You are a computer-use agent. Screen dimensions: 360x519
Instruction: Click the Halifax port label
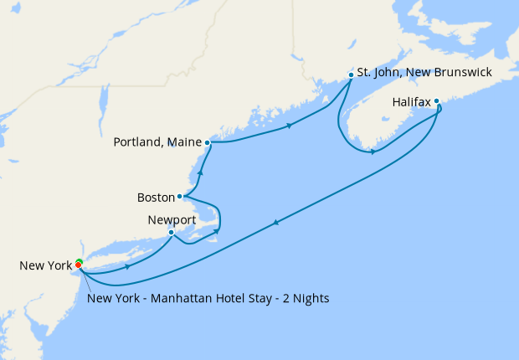click(x=411, y=102)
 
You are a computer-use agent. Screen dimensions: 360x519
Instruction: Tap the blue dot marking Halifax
click(x=436, y=101)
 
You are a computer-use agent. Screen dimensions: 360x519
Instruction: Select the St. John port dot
click(x=351, y=75)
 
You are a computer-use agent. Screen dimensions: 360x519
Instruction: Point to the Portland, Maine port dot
click(x=207, y=142)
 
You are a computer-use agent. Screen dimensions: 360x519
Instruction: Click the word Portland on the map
click(x=139, y=142)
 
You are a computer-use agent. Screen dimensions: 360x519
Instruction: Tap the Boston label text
click(x=155, y=198)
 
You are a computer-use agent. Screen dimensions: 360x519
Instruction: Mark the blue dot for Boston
click(x=180, y=197)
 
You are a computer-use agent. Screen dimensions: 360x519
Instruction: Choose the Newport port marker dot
click(x=171, y=233)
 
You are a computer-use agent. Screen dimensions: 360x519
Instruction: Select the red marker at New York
click(x=79, y=265)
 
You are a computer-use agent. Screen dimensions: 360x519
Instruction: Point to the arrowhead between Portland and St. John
click(x=290, y=126)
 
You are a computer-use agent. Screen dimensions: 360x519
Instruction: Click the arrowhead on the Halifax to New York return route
click(x=276, y=221)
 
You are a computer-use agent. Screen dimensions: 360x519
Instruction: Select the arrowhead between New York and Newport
click(x=127, y=267)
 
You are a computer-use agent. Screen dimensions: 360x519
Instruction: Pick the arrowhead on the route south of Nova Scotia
click(x=373, y=152)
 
